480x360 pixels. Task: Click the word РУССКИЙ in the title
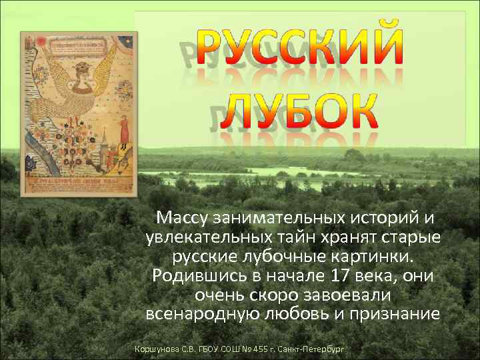(304, 48)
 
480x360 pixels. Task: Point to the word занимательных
(276, 217)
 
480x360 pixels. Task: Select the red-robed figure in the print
(123, 133)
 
